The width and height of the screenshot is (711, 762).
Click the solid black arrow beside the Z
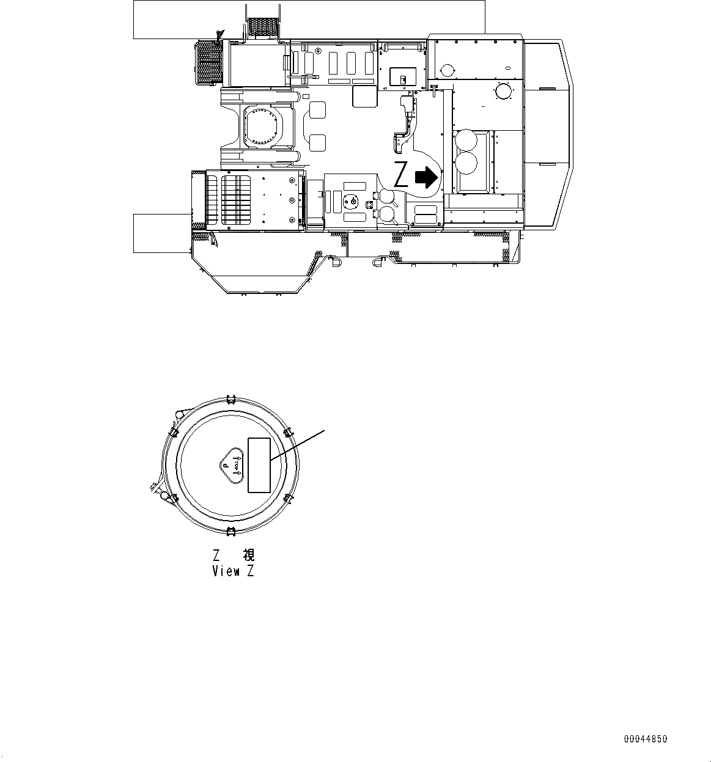tap(427, 177)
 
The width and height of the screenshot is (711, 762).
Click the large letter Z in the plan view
tap(401, 175)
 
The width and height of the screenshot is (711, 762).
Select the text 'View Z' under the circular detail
tap(232, 571)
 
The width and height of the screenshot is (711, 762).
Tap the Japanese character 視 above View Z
tap(248, 555)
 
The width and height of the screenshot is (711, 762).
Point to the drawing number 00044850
tap(646, 739)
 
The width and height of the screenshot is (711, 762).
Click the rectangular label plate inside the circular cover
tap(259, 465)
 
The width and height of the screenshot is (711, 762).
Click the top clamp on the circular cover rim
tap(230, 400)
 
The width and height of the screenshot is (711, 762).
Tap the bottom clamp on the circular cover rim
tap(230, 530)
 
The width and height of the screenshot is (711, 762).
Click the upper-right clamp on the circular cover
tap(289, 433)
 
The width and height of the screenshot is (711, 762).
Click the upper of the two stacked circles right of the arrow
tap(467, 140)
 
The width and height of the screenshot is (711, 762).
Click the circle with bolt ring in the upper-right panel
tap(504, 91)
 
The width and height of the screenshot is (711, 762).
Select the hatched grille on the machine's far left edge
tap(207, 63)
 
